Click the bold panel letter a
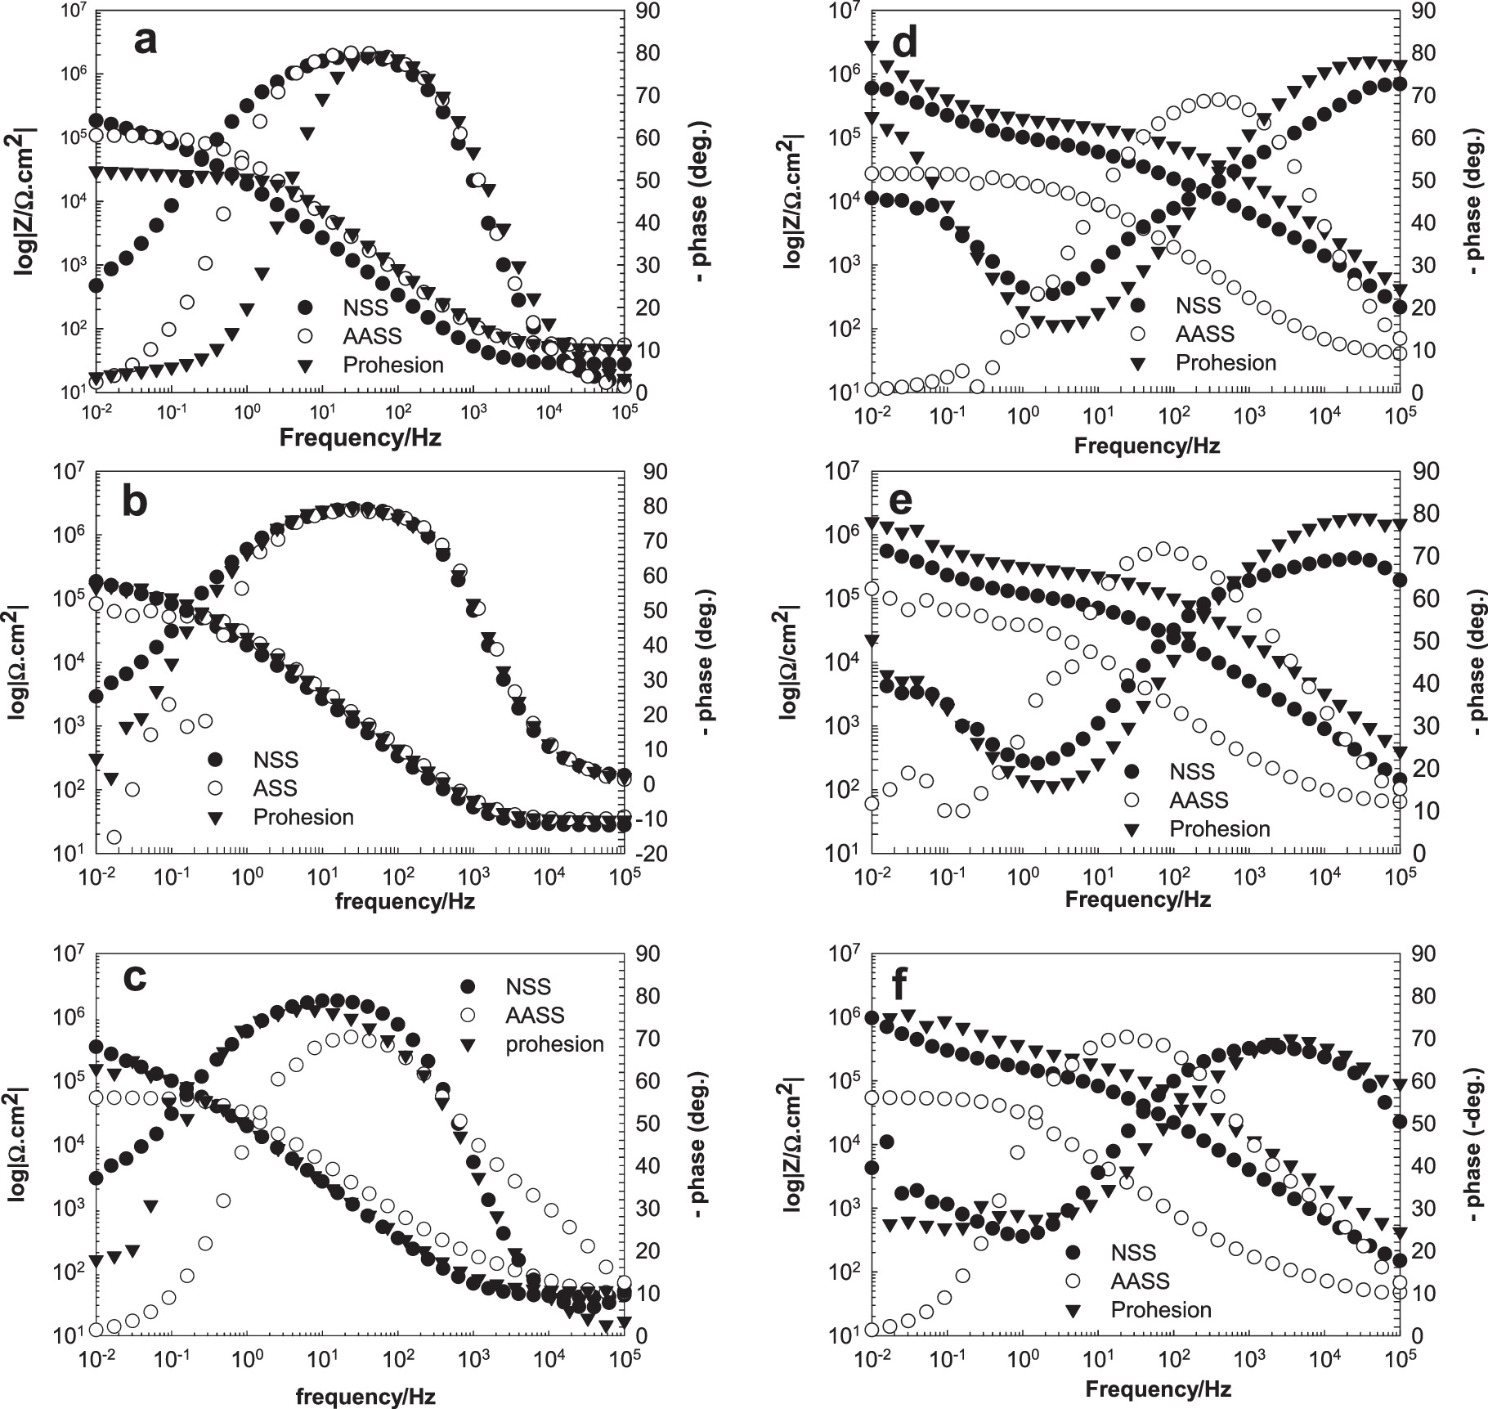click(145, 39)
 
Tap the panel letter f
click(900, 986)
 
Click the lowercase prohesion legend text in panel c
click(554, 1044)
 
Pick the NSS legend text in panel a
click(365, 307)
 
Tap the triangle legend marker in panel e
click(1132, 829)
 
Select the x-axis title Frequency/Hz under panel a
click(360, 438)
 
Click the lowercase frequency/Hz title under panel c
click(365, 1395)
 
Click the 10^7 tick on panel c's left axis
click(69, 954)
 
